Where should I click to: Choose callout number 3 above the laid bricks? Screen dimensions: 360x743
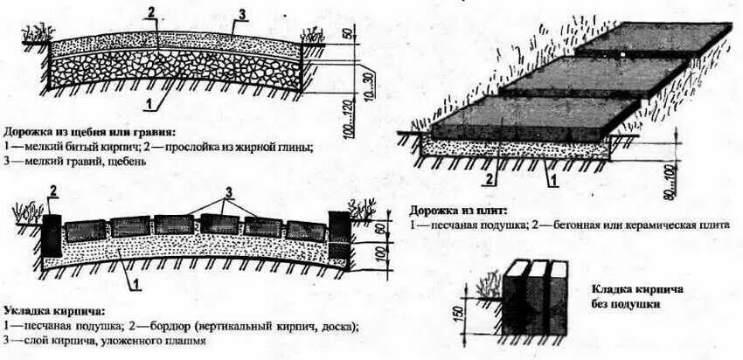pos(229,191)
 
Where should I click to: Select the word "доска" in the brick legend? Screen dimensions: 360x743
pos(337,327)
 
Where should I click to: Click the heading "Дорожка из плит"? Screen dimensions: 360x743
pos(462,211)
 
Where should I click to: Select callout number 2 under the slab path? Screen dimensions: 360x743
pos(490,181)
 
